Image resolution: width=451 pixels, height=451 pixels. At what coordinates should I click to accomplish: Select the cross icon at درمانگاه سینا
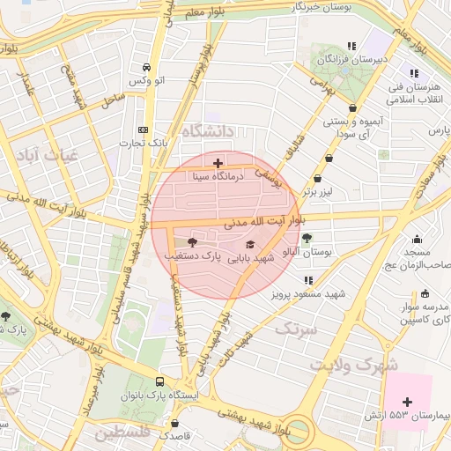(218, 163)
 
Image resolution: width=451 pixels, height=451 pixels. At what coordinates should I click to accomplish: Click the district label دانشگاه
(209, 130)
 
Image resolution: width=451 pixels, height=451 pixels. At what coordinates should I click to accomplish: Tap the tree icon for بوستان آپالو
(307, 238)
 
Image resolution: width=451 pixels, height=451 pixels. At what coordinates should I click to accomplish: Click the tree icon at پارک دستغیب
(193, 241)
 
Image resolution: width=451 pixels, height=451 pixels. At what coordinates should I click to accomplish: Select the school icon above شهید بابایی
(249, 245)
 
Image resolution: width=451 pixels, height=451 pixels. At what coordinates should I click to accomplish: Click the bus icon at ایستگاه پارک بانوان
(159, 381)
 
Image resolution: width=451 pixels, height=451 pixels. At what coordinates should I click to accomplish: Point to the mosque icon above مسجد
(417, 238)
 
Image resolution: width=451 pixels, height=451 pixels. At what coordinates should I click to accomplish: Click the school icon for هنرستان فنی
(413, 74)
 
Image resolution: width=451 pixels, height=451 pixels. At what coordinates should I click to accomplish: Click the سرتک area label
(294, 329)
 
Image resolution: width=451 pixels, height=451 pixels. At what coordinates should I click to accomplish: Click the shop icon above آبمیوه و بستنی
(353, 108)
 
